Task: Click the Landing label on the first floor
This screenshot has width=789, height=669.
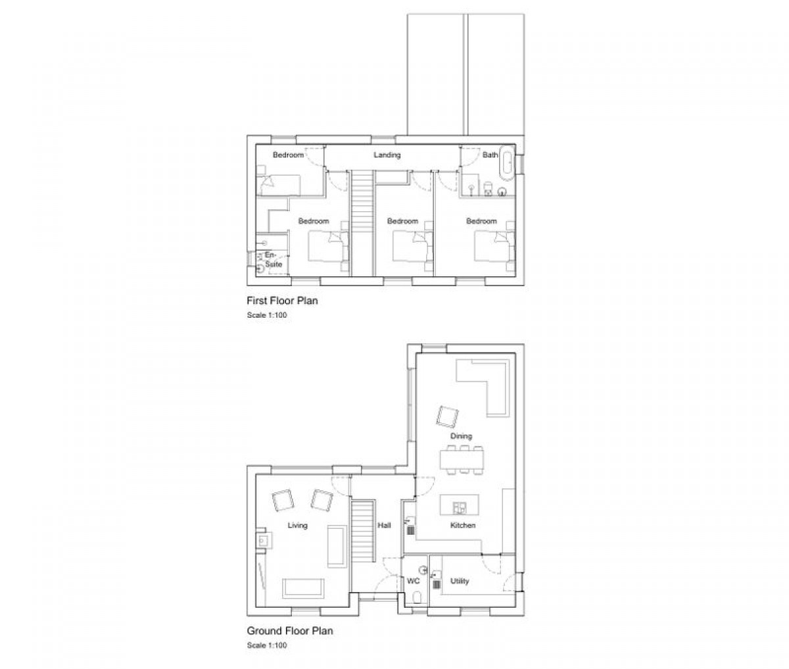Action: click(387, 155)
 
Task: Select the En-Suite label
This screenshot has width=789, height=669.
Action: click(273, 260)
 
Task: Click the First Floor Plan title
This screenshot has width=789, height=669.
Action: click(282, 301)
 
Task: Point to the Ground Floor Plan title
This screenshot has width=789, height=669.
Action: click(290, 630)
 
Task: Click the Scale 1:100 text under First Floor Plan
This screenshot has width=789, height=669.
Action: click(267, 315)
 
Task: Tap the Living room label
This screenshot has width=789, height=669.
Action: click(297, 526)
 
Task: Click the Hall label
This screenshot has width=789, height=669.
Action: click(384, 526)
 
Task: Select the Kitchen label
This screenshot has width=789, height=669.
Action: click(463, 526)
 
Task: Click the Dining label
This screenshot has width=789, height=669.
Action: click(461, 436)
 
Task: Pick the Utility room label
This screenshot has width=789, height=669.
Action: click(460, 581)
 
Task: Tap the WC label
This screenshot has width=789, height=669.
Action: click(414, 581)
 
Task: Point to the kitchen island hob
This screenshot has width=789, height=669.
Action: click(459, 507)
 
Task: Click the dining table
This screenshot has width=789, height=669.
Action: click(462, 459)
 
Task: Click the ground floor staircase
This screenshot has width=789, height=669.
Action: click(362, 531)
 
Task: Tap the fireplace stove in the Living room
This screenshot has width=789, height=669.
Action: click(264, 541)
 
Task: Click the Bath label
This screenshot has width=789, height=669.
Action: click(490, 155)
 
